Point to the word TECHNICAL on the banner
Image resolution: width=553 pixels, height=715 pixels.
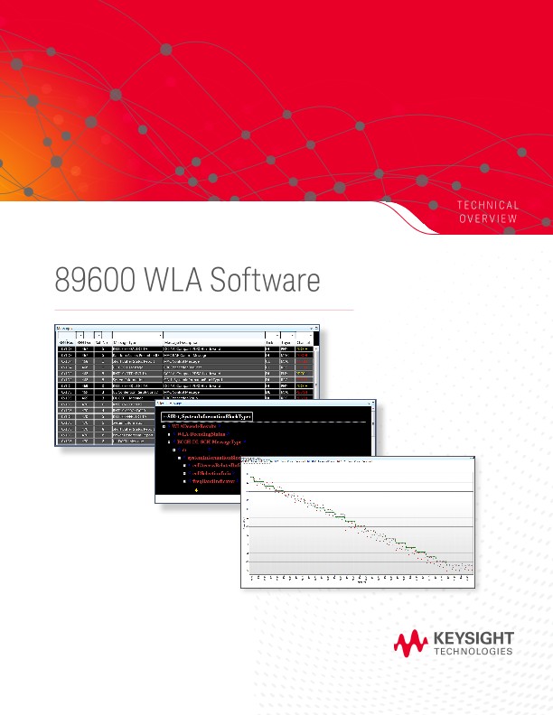[x=488, y=206]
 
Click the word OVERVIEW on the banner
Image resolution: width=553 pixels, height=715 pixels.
[x=488, y=219]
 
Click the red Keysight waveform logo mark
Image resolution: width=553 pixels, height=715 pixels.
[x=411, y=643]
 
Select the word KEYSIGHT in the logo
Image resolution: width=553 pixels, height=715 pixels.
[x=473, y=638]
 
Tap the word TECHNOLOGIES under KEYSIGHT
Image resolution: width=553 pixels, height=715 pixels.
[x=473, y=652]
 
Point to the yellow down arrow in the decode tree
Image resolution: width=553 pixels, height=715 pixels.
[x=196, y=489]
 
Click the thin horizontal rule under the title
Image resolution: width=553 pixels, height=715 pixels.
[x=203, y=310]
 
